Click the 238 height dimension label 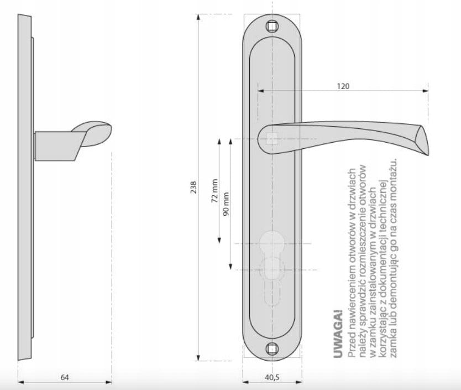point(193,188)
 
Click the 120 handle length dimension point(343,86)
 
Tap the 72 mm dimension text point(214,190)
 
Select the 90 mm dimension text point(226,204)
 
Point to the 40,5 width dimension point(272,377)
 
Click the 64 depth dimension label point(65,377)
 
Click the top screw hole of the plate point(272,27)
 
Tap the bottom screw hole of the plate point(272,349)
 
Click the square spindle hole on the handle point(272,139)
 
